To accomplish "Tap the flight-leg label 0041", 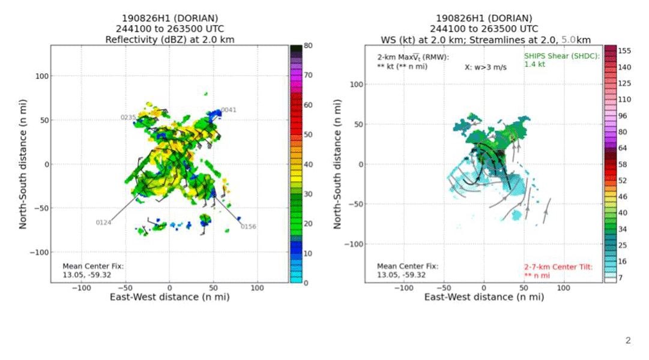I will [x=228, y=110].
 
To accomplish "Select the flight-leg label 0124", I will [x=104, y=223].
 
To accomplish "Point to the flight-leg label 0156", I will [x=249, y=226].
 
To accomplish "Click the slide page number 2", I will [x=628, y=341].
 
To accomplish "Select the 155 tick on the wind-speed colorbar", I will [x=624, y=52].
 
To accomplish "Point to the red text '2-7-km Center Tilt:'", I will [x=558, y=266].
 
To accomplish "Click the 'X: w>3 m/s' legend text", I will [x=485, y=67].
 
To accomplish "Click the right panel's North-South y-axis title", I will [x=337, y=164].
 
